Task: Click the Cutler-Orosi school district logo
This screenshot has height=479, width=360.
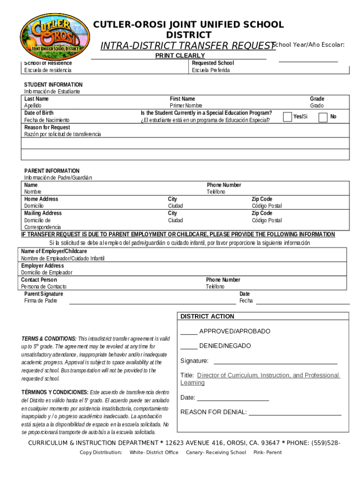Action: tap(50, 34)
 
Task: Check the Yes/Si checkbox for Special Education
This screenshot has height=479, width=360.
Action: tap(287, 116)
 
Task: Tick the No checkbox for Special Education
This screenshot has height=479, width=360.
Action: tap(323, 117)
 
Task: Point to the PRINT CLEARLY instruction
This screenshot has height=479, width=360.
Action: tap(180, 56)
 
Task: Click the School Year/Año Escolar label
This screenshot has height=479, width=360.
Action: tap(308, 44)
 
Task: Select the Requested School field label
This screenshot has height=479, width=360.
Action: tap(213, 63)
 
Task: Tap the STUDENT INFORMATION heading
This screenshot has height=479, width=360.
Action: tap(53, 85)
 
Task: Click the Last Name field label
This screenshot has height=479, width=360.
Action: tap(36, 99)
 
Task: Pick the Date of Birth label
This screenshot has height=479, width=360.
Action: tap(39, 113)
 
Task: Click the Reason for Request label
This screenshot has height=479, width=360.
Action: tap(47, 127)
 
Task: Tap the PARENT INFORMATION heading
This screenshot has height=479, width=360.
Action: tap(52, 171)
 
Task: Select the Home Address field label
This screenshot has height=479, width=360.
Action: tap(41, 199)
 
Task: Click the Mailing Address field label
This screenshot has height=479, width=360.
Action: tap(43, 213)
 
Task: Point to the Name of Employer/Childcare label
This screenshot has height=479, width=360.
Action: tap(54, 251)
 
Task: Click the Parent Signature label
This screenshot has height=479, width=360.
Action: tap(43, 294)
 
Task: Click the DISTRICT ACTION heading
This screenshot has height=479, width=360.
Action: tap(208, 316)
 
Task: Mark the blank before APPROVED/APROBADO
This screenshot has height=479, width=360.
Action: tap(189, 332)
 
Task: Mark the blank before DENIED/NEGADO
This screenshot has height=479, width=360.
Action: tap(189, 346)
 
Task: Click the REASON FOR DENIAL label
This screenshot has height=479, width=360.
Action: tap(213, 412)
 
